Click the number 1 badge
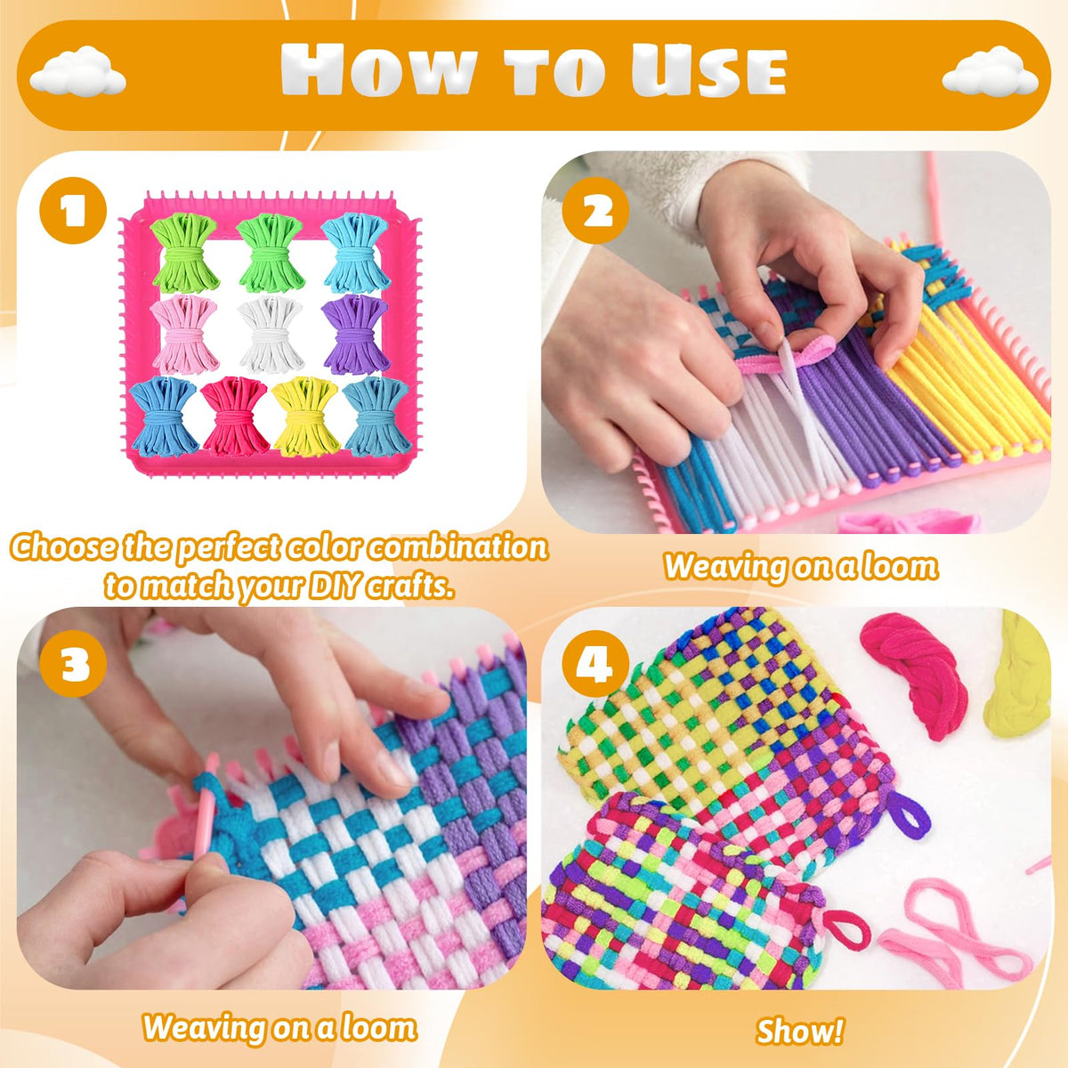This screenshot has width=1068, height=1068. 73,211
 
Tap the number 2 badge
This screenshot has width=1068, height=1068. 595,211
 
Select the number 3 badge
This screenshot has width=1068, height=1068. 73,663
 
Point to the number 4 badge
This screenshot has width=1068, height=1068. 595,663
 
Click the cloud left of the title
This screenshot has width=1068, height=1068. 77,71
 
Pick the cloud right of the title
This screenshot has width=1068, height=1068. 990,71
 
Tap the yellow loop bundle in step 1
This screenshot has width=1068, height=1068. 305,416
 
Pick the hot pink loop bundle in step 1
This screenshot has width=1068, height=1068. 235,416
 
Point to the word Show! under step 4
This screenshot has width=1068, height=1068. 800,1015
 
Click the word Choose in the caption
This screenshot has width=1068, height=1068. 64,547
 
